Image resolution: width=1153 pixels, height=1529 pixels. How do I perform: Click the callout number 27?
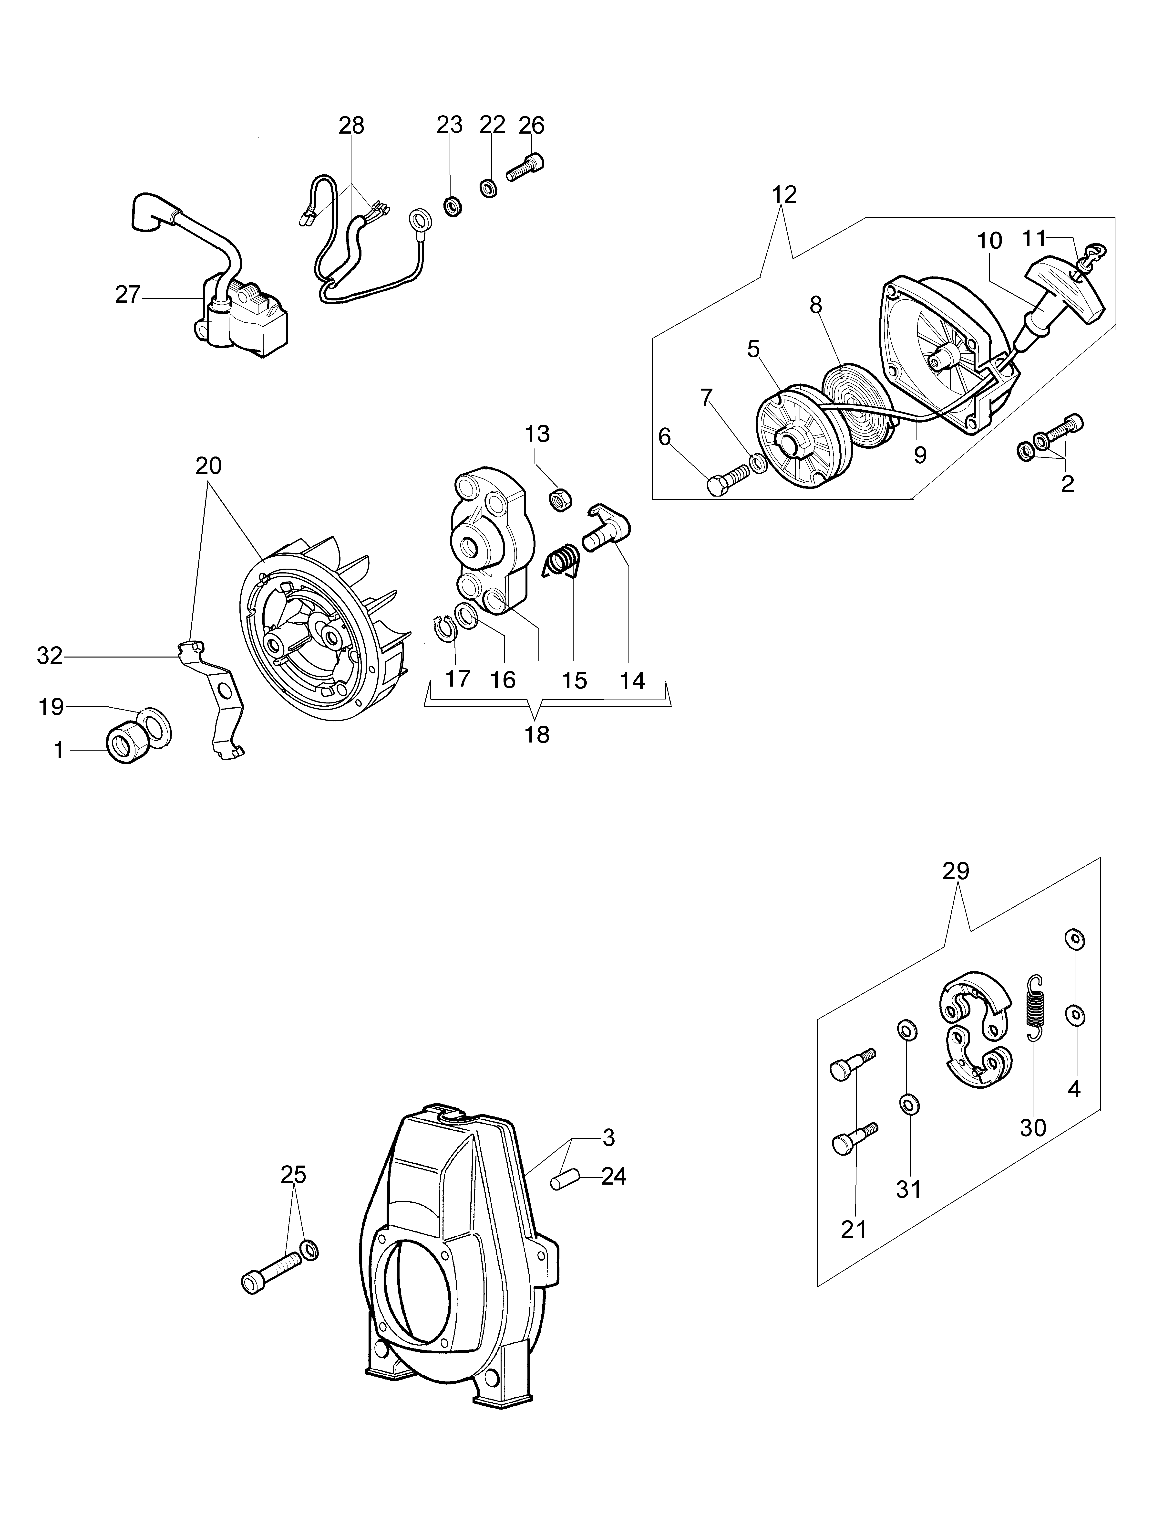pos(128,296)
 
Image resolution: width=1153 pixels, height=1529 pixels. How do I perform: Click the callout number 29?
pos(956,871)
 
